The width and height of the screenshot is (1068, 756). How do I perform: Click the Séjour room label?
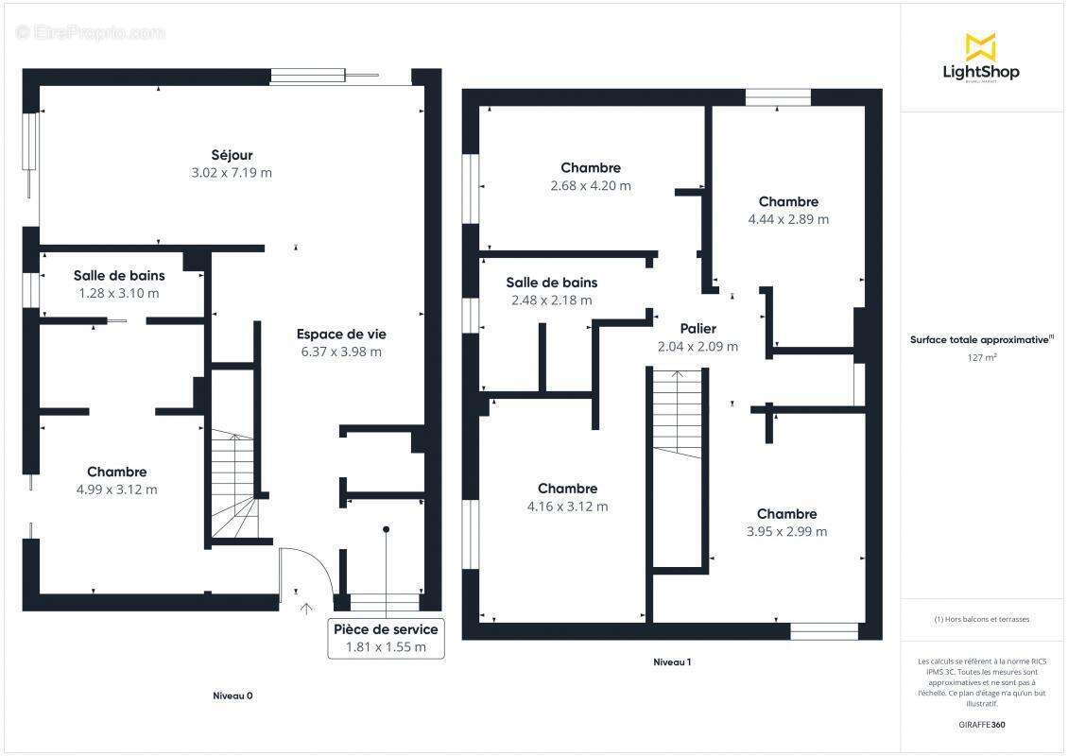click(x=232, y=155)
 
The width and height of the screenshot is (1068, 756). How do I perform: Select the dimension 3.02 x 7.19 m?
click(x=232, y=173)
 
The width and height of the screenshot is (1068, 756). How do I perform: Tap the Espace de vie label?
click(x=341, y=335)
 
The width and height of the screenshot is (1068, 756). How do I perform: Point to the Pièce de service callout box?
click(x=387, y=638)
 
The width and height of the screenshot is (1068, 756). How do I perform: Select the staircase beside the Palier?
click(x=677, y=414)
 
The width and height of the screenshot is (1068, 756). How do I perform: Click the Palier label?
click(x=698, y=329)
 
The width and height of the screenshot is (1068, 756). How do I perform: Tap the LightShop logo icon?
click(x=981, y=46)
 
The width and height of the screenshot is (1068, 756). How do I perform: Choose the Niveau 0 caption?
click(x=233, y=696)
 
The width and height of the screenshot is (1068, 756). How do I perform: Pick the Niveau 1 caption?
click(x=672, y=662)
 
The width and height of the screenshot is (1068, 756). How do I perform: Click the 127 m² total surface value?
click(x=981, y=357)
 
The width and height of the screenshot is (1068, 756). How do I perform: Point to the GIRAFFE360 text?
click(x=981, y=725)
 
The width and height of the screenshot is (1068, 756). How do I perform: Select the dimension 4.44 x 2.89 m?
click(x=789, y=219)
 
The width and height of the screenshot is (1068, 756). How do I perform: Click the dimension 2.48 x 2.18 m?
click(x=552, y=301)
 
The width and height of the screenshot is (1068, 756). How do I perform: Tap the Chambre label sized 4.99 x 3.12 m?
click(x=117, y=472)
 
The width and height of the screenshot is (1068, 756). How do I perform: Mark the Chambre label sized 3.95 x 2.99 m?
click(x=786, y=514)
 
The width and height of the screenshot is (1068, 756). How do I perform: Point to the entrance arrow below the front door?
click(x=306, y=609)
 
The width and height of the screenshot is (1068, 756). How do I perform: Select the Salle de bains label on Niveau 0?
click(x=119, y=276)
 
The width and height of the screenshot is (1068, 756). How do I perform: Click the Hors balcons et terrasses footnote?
click(x=981, y=619)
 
